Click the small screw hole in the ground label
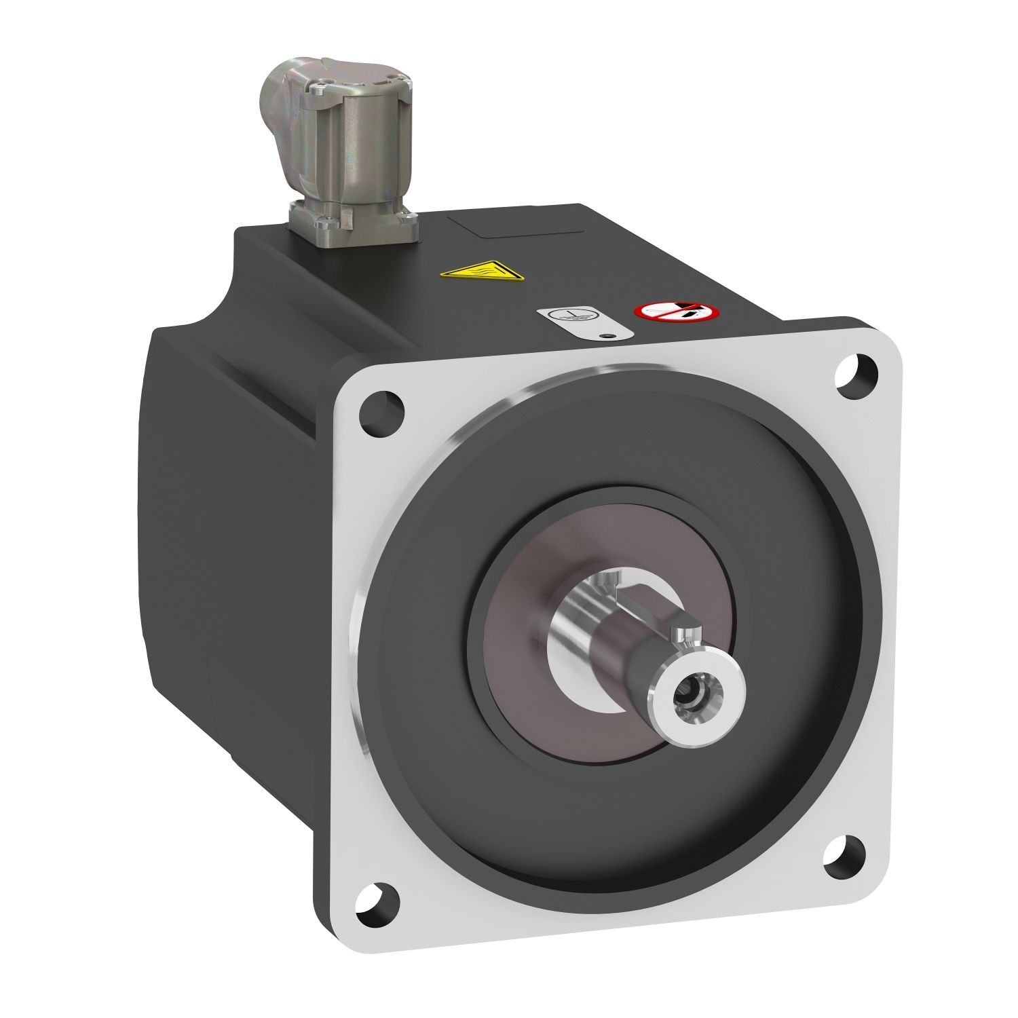pyautogui.click(x=608, y=333)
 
